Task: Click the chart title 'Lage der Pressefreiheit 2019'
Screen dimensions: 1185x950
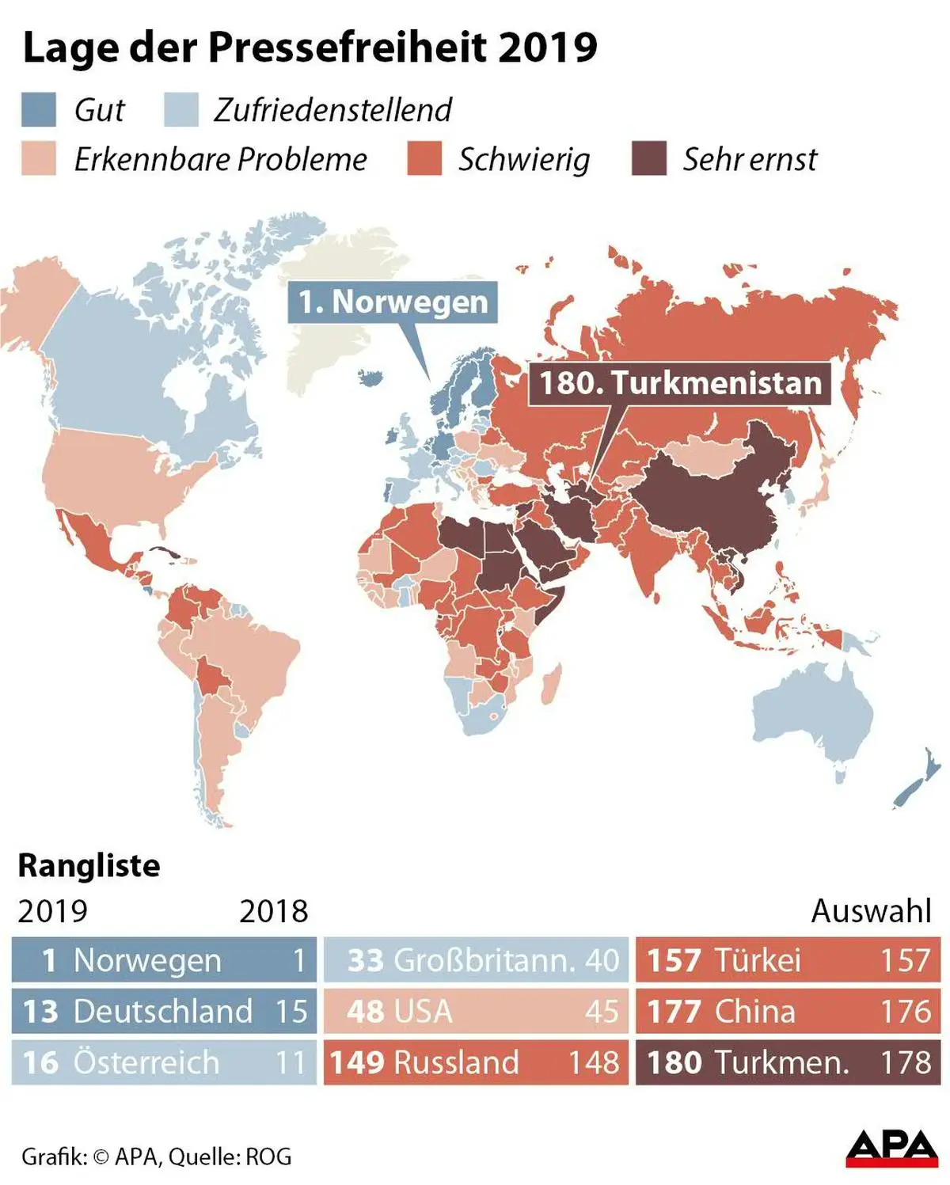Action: coord(310,47)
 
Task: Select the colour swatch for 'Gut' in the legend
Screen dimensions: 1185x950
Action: coord(39,110)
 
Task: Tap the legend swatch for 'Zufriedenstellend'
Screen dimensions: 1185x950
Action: coord(181,110)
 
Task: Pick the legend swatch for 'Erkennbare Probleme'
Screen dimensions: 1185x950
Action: coord(39,159)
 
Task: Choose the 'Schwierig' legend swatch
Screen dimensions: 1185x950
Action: coord(424,159)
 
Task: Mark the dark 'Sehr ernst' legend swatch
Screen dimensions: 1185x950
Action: coord(649,159)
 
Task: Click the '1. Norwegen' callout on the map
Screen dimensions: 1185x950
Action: coord(393,302)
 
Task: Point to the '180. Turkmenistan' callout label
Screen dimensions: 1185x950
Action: coord(680,383)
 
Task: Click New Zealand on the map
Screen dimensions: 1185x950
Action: coord(918,784)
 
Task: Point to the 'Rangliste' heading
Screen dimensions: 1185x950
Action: coord(89,865)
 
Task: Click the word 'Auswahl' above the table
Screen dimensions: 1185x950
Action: coord(871,911)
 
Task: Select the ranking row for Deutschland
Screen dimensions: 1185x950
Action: coord(164,1011)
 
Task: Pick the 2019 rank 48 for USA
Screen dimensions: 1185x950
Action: coord(365,1011)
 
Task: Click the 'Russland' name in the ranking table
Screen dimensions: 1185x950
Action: coord(456,1062)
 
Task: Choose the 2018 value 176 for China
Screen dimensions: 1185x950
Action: coord(906,1011)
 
